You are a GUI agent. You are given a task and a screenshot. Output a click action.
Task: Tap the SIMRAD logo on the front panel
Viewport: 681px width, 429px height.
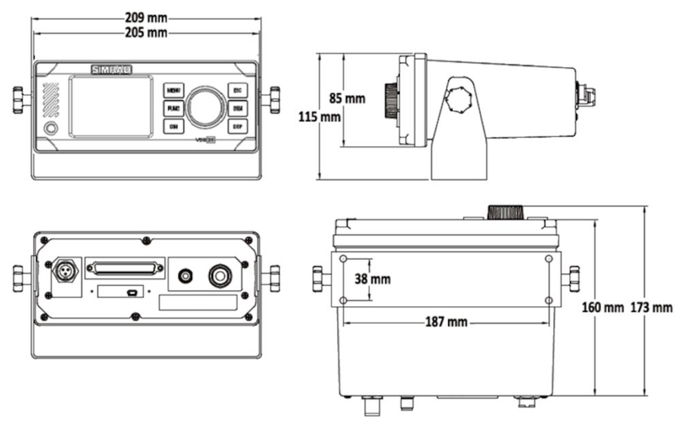(x=111, y=69)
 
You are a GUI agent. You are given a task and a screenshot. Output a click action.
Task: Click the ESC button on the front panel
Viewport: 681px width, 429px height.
(x=237, y=90)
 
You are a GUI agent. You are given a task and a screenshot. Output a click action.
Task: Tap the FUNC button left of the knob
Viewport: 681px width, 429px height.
(x=173, y=108)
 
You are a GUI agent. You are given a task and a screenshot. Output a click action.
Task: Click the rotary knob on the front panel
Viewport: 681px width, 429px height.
(x=206, y=107)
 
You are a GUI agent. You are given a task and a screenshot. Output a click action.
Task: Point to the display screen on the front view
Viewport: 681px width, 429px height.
(x=111, y=107)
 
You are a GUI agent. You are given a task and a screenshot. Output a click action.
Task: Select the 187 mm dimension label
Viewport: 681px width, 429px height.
(x=445, y=322)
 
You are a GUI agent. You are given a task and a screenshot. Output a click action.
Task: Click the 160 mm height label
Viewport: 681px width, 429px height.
(x=603, y=307)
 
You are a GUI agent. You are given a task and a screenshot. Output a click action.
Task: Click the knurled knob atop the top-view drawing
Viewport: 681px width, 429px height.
(x=506, y=212)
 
